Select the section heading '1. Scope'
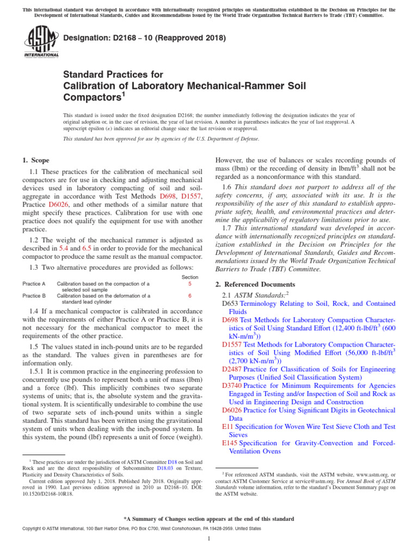[x=36, y=160]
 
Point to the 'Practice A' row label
[x=34, y=284]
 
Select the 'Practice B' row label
[x=34, y=296]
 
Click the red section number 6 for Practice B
[x=189, y=296]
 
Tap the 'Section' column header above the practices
[x=189, y=277]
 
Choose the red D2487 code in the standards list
[x=232, y=369]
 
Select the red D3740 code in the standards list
[x=232, y=385]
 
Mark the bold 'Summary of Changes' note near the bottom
[x=209, y=519]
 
